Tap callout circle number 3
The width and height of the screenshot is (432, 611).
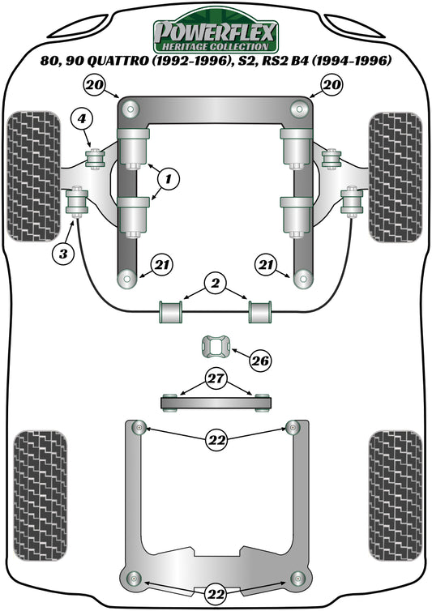point(62,254)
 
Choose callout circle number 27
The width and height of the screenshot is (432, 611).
point(216,378)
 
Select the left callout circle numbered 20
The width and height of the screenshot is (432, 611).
point(94,84)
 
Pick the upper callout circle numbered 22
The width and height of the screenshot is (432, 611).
point(216,439)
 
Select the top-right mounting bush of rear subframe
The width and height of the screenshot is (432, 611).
point(293,427)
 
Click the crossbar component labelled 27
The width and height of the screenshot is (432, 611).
point(216,400)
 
